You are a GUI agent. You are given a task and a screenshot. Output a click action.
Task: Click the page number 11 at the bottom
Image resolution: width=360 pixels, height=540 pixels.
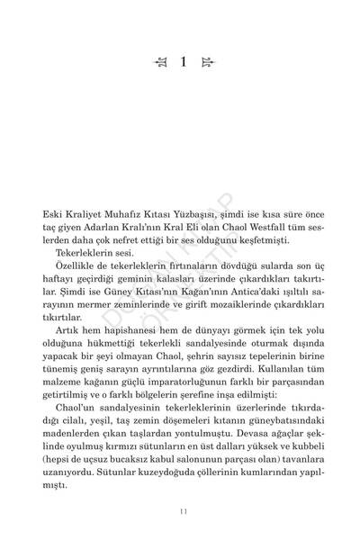coord(180,512)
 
